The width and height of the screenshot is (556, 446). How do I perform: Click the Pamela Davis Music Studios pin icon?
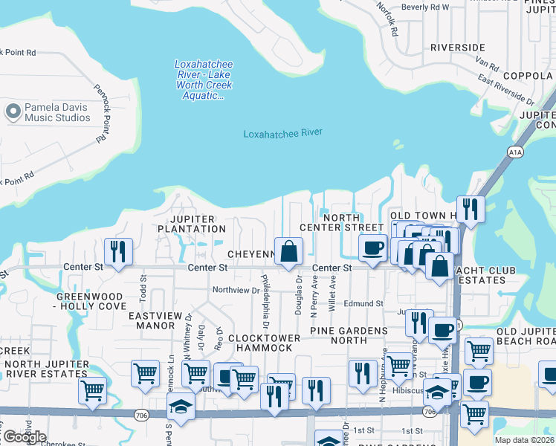13,112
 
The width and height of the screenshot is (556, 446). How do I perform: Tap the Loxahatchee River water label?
283,133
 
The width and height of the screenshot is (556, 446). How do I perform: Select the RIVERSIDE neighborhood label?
457,48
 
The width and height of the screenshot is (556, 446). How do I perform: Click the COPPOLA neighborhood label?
528,76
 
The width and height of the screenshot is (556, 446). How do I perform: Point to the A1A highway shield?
515,152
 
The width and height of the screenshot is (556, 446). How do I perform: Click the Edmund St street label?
363,303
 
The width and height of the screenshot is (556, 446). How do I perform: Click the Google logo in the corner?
25,437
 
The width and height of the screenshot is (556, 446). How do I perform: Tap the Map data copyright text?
525,440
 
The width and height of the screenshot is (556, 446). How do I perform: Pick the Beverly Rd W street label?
425,7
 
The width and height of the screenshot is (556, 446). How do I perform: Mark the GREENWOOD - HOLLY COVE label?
91,301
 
